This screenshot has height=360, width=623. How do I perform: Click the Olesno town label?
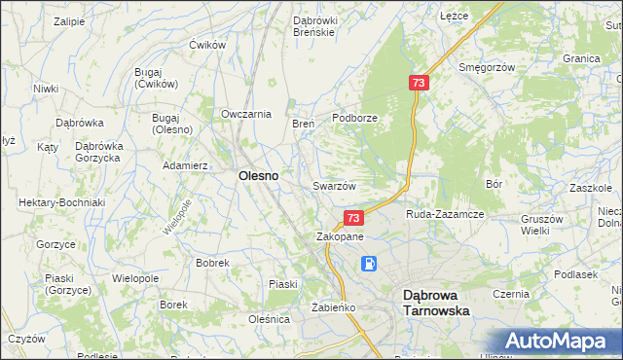click(258, 176)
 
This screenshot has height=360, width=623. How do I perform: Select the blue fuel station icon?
click(370, 263)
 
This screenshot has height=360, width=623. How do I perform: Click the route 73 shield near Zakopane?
click(353, 219)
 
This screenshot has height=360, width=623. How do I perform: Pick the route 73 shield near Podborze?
click(418, 85)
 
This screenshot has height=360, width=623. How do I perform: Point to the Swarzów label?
click(334, 186)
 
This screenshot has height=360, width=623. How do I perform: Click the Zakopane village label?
click(340, 236)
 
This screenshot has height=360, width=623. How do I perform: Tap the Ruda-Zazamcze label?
click(445, 214)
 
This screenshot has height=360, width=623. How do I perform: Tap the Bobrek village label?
click(212, 263)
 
